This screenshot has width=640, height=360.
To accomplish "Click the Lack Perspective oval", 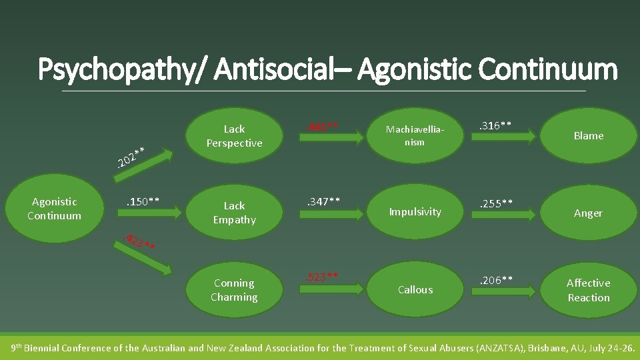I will click(x=234, y=136).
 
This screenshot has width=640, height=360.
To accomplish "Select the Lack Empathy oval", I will click(x=234, y=213).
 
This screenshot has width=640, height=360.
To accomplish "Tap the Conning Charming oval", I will click(x=234, y=290).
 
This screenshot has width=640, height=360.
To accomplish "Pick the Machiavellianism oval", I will click(x=415, y=136).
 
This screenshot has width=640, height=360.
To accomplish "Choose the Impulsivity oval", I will click(x=415, y=212).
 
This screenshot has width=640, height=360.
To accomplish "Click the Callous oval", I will click(x=415, y=290).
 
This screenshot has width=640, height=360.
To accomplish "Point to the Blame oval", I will click(x=588, y=136).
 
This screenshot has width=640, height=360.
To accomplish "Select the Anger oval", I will click(x=588, y=213).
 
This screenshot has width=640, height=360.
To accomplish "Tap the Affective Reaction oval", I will click(x=588, y=290).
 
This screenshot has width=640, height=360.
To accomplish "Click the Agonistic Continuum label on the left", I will click(x=54, y=209).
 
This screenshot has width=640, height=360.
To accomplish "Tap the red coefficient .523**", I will click(x=322, y=277).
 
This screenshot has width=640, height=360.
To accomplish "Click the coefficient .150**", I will click(x=142, y=201).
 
